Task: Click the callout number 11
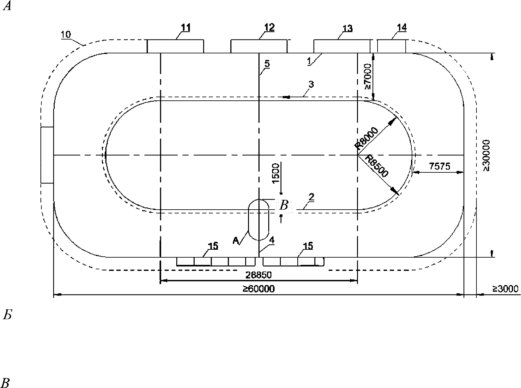pos(186,28)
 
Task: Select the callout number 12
pos(270,27)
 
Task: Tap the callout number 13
pos(347,29)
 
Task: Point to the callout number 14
pos(402,27)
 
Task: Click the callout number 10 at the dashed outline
pos(66,35)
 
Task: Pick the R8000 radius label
pos(367,138)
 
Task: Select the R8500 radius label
pos(377,166)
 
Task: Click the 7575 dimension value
pos(439,166)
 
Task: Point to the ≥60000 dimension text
pos(258,289)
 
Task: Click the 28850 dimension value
pos(258,275)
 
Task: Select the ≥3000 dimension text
pos(505,289)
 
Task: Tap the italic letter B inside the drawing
pos(284,205)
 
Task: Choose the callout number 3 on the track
pos(311,84)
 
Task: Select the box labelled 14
pos(391,46)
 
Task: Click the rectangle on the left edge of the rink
pos(47,155)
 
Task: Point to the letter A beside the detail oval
pos(236,241)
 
